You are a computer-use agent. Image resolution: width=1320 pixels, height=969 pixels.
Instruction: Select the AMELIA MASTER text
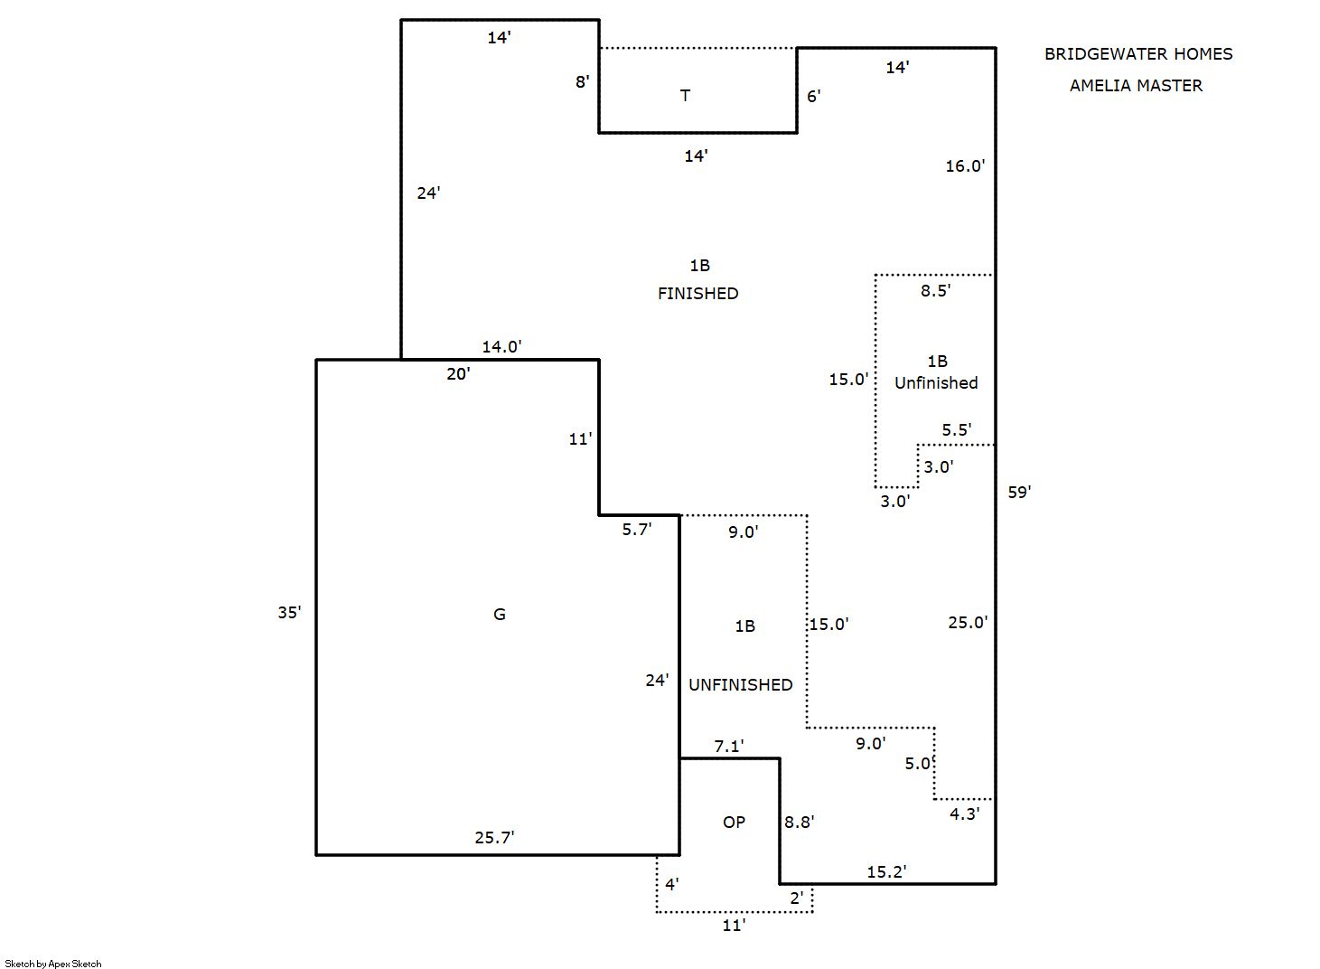1136,86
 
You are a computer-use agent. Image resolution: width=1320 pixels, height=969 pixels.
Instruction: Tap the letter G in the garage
499,614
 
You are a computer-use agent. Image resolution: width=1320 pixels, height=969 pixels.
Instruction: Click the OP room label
734,823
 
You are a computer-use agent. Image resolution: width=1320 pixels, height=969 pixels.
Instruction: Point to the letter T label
685,96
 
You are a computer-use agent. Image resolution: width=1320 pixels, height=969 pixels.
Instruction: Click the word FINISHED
697,294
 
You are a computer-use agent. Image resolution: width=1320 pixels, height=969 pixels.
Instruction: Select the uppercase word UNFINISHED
740,685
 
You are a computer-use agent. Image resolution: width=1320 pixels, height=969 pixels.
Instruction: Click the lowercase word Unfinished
936,383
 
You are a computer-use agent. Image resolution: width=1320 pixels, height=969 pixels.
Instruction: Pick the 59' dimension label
1019,492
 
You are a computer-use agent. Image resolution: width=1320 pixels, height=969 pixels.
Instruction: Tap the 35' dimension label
289,613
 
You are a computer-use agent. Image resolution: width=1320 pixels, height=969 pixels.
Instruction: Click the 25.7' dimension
494,838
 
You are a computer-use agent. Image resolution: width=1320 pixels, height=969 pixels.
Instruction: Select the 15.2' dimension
886,871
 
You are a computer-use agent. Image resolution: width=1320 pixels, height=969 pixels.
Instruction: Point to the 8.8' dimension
799,823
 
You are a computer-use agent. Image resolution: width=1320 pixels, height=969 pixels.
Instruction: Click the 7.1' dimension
728,747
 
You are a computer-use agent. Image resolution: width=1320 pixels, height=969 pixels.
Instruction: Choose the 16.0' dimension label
965,166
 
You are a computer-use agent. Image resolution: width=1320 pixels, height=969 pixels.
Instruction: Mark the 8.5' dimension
936,290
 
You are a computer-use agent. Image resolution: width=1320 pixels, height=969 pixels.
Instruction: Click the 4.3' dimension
965,814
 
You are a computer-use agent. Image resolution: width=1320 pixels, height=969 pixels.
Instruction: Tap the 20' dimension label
458,374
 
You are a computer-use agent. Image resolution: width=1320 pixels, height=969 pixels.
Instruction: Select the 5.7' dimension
636,530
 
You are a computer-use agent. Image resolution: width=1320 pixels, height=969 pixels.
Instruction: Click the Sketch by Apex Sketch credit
53,964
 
